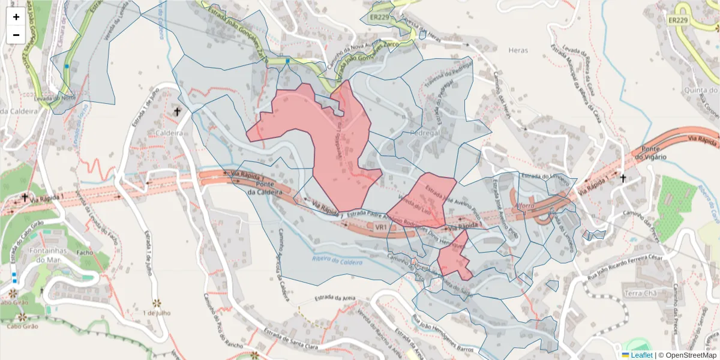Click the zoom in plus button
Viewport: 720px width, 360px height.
coord(16,17)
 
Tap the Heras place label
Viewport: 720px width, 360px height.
coord(518,50)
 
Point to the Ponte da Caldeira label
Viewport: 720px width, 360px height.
coord(265,188)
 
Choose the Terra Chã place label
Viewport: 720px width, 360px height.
coord(641,293)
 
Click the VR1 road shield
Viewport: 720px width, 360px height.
coord(382,227)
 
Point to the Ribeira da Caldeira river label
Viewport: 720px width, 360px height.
coord(338,261)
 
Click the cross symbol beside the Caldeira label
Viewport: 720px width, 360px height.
coord(177,112)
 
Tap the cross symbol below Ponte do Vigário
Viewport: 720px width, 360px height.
coord(623,178)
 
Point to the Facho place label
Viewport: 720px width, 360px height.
coord(85,253)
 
